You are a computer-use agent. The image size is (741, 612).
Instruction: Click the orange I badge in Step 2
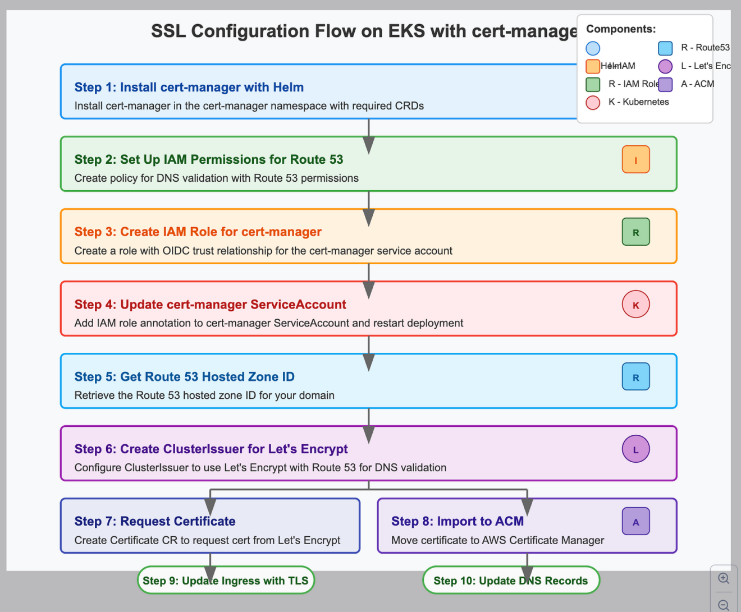pyautogui.click(x=635, y=160)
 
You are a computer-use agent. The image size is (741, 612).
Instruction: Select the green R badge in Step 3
pyautogui.click(x=635, y=232)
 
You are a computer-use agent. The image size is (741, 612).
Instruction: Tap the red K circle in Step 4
pyautogui.click(x=635, y=305)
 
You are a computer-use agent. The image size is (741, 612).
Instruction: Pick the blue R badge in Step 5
pyautogui.click(x=635, y=377)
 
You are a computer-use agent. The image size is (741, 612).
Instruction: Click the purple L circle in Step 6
pyautogui.click(x=635, y=449)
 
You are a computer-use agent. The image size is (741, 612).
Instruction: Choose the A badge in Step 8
pyautogui.click(x=635, y=522)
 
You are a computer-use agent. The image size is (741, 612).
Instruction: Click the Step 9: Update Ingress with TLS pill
pyautogui.click(x=226, y=581)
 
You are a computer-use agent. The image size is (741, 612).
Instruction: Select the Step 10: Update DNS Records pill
pyautogui.click(x=511, y=581)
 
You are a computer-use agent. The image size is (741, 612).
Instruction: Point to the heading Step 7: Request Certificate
pyautogui.click(x=155, y=521)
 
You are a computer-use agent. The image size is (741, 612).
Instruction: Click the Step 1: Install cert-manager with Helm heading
pyautogui.click(x=189, y=88)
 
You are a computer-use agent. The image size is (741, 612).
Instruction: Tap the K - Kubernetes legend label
pyautogui.click(x=638, y=102)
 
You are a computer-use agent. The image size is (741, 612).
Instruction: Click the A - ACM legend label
pyautogui.click(x=697, y=84)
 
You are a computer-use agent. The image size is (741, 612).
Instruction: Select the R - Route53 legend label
pyautogui.click(x=705, y=48)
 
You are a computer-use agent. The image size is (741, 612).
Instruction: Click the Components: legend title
pyautogui.click(x=621, y=29)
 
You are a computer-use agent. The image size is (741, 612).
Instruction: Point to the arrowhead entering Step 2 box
pyautogui.click(x=369, y=145)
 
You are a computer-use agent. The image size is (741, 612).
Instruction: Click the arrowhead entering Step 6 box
pyautogui.click(x=369, y=435)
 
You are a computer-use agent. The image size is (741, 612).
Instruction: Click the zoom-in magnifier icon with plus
pyautogui.click(x=724, y=578)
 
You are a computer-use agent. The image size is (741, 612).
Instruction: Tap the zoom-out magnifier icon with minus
pyautogui.click(x=724, y=605)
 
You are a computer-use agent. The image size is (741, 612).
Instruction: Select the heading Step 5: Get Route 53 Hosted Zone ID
pyautogui.click(x=184, y=377)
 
